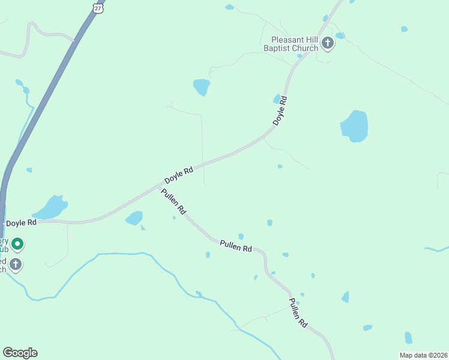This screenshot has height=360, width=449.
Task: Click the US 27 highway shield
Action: [x=99, y=7]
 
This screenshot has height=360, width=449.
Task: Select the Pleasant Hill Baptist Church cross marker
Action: [x=328, y=43]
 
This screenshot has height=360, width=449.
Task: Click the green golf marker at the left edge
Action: [x=17, y=244]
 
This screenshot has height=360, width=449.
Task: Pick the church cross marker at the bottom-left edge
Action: [x=16, y=264]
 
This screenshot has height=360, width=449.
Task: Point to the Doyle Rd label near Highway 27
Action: [x=22, y=223]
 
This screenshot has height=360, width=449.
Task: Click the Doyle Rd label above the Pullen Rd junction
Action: [x=179, y=176]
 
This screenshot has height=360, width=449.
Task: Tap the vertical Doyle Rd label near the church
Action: [x=280, y=111]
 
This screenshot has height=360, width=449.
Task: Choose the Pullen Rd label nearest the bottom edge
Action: [x=298, y=313]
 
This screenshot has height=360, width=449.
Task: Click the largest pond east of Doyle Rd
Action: [x=354, y=126]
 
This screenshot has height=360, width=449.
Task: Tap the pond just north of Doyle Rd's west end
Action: [x=50, y=208]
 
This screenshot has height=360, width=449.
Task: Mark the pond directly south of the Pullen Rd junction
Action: [x=134, y=218]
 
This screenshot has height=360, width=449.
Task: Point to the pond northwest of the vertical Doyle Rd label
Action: [x=202, y=87]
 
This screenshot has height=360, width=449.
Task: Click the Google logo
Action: [x=20, y=353]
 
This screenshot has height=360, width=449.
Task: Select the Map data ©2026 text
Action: [x=423, y=355]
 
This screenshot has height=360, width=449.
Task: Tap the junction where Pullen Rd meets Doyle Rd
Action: [x=157, y=188]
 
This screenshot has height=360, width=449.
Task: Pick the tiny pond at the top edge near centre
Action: [x=229, y=7]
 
